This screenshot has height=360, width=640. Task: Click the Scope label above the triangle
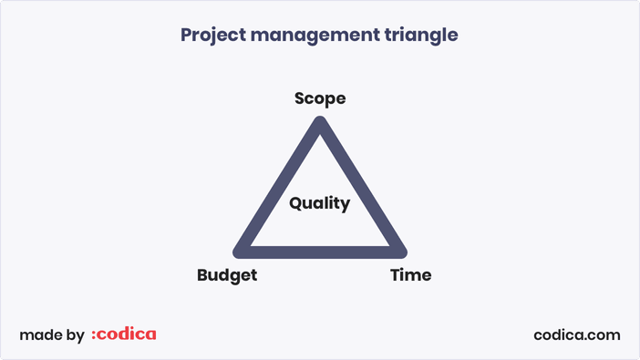(320, 98)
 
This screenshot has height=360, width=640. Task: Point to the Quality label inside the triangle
(320, 203)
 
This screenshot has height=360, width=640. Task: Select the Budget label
(227, 275)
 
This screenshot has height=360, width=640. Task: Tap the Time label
(410, 275)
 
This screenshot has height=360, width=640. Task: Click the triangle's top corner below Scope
(320, 124)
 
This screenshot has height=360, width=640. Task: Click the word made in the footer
(39, 335)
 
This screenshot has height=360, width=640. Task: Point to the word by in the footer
(76, 336)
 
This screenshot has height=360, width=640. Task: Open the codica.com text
(576, 334)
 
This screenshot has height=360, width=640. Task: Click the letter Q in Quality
(296, 203)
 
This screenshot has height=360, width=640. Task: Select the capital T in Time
(396, 275)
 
